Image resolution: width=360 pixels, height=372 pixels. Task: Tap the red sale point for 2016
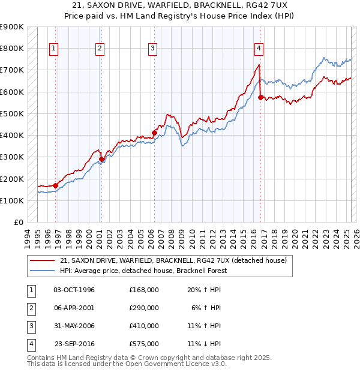pyautogui.click(x=260, y=97)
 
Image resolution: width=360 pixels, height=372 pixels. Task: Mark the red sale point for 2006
pyautogui.click(x=154, y=133)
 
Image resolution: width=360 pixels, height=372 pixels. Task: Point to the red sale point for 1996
pyautogui.click(x=55, y=185)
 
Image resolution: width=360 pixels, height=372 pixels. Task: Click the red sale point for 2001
pyautogui.click(x=101, y=159)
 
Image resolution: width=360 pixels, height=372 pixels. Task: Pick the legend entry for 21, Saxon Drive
pyautogui.click(x=173, y=260)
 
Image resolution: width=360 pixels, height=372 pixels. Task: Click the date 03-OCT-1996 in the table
pyautogui.click(x=74, y=290)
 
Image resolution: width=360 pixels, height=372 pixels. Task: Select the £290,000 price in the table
pyautogui.click(x=144, y=308)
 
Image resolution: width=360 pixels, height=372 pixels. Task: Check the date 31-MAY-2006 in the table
pyautogui.click(x=74, y=326)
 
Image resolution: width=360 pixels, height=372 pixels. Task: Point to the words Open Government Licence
pyautogui.click(x=176, y=364)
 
